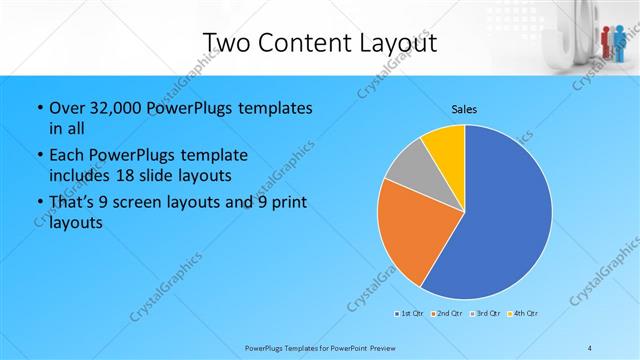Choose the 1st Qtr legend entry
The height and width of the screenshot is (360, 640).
tap(408, 315)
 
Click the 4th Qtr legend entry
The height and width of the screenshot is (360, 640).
tap(523, 315)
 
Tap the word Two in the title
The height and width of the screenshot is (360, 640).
tap(226, 43)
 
